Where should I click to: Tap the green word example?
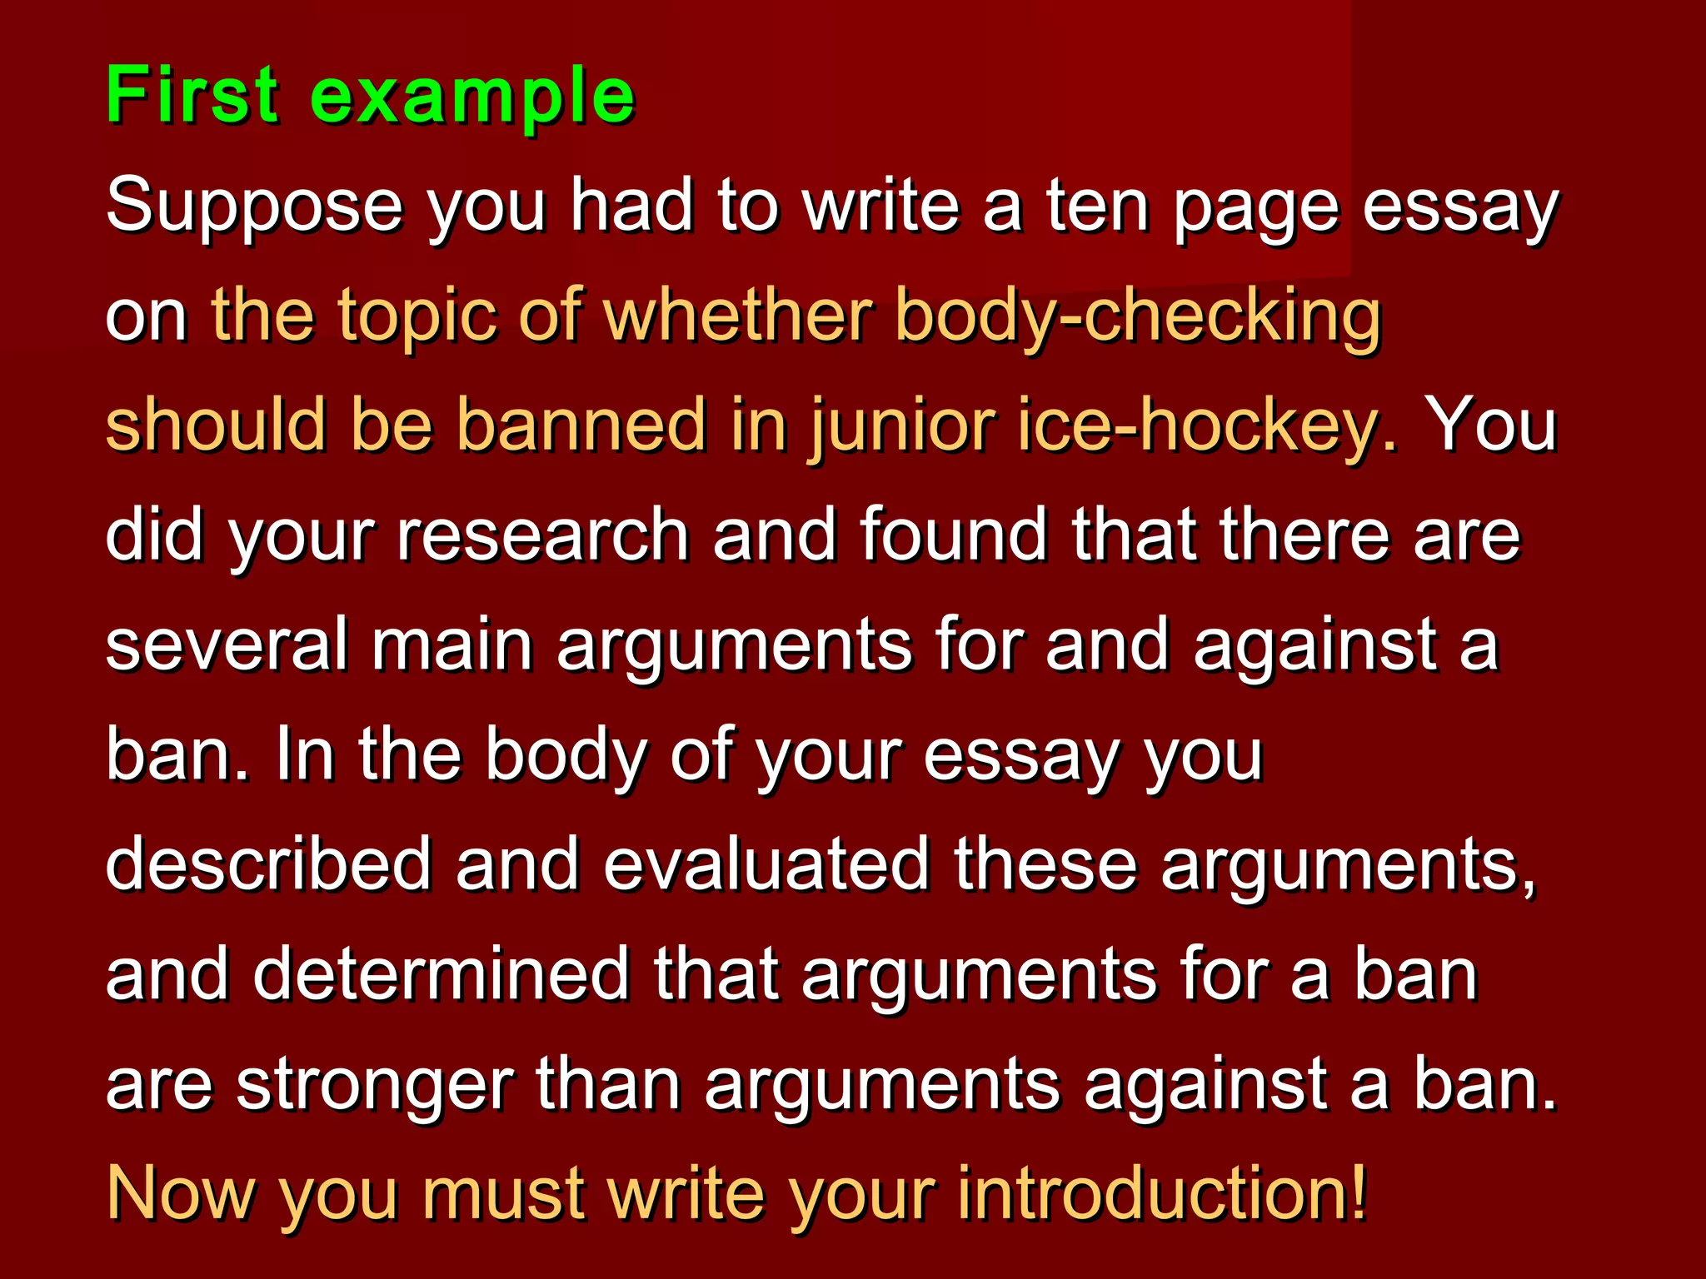click(x=472, y=98)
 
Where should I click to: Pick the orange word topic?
click(x=417, y=318)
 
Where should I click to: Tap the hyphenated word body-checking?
click(x=1138, y=318)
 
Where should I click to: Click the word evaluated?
click(x=766, y=863)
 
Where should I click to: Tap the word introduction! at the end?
click(x=1162, y=1193)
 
